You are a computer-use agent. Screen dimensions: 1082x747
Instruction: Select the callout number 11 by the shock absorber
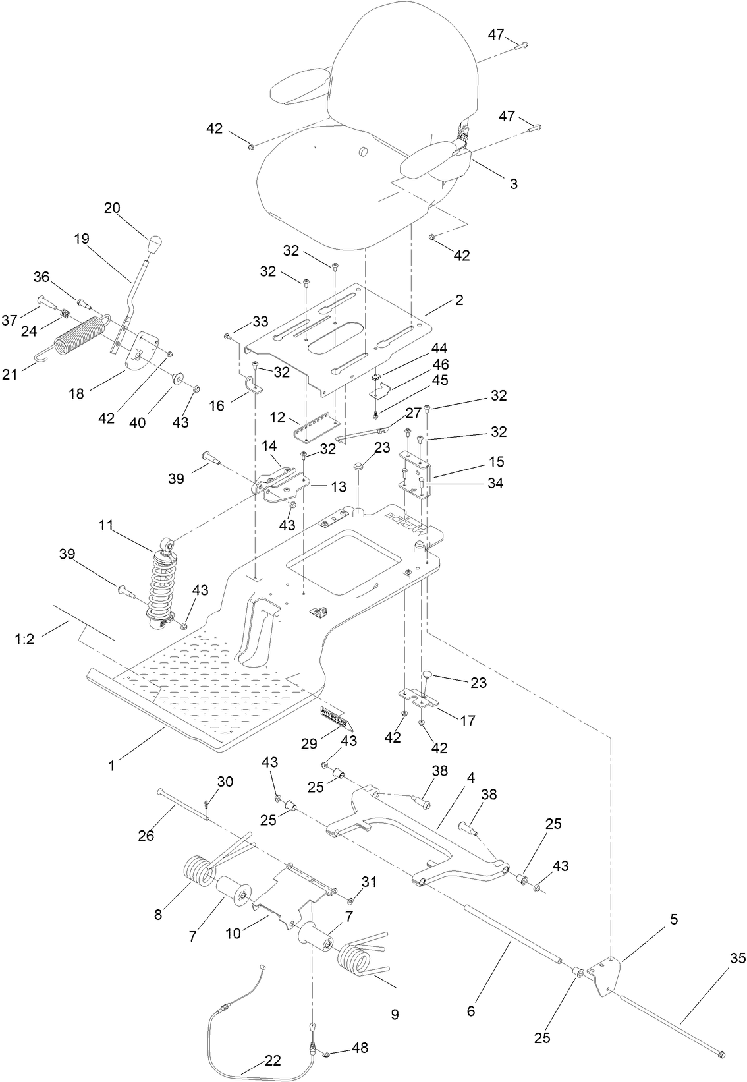click(x=106, y=526)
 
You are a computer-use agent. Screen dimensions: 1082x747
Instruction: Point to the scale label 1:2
click(x=24, y=639)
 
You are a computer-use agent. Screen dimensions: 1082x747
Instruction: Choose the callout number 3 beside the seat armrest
click(x=513, y=184)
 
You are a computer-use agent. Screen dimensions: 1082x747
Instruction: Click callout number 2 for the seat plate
click(x=459, y=300)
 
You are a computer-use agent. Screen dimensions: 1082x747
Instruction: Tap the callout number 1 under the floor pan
click(x=112, y=765)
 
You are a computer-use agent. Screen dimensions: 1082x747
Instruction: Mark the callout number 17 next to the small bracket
click(x=467, y=721)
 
